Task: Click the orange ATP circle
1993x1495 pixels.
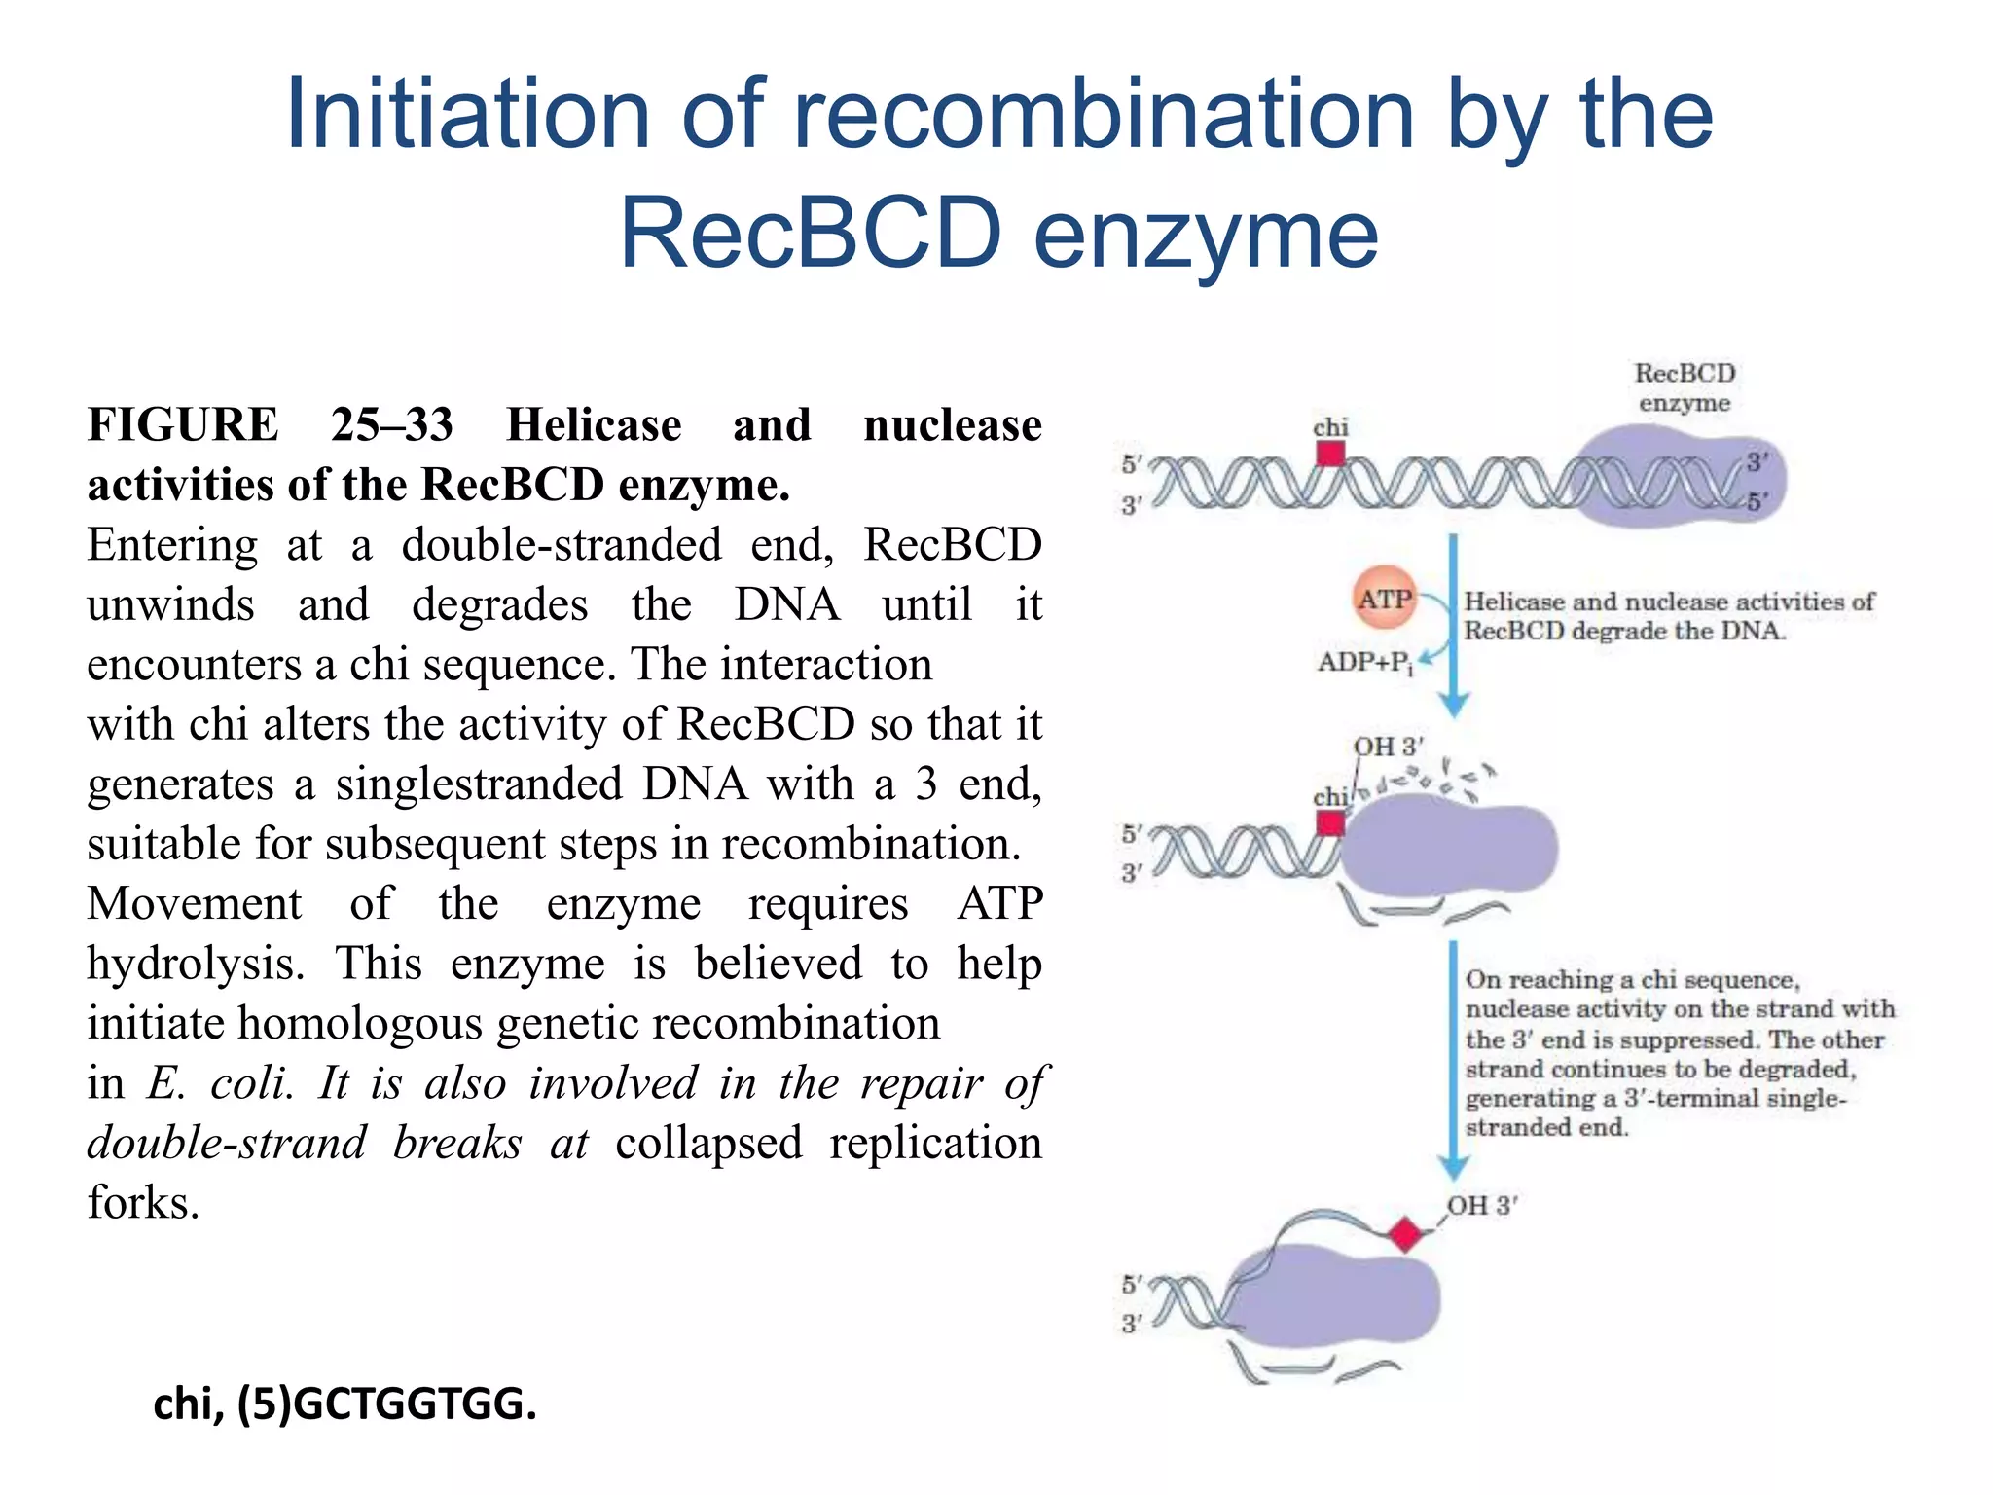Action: click(1384, 598)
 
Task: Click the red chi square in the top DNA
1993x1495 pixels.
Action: click(1330, 454)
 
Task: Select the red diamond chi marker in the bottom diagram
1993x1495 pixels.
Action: click(1405, 1234)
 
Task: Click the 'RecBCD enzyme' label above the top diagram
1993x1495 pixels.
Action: click(1685, 387)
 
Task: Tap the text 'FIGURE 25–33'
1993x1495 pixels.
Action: click(271, 425)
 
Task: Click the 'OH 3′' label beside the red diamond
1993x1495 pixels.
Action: click(1481, 1205)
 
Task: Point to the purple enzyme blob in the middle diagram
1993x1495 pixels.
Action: click(1450, 847)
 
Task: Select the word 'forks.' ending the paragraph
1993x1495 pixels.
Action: click(143, 1203)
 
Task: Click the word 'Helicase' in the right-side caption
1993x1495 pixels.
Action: click(1514, 602)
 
